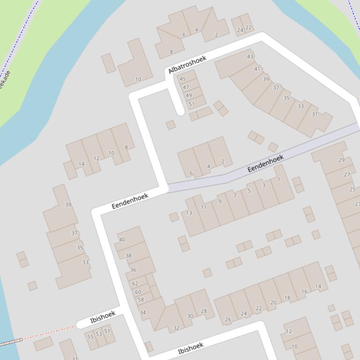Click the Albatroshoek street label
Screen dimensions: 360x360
[187, 65]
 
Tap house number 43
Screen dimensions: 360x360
[250, 57]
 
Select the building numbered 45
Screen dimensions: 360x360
[183, 79]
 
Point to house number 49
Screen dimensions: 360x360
[189, 95]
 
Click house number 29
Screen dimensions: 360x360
[341, 160]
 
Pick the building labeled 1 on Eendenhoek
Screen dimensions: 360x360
[279, 180]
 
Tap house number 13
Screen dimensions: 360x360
[189, 213]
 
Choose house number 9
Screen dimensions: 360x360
[220, 202]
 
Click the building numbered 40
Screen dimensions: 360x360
[122, 239]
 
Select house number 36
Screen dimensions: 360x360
[133, 270]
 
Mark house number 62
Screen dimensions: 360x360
[135, 283]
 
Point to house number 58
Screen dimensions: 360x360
[141, 299]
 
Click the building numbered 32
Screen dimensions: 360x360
[176, 328]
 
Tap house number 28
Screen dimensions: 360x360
[204, 311]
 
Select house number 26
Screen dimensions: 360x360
[228, 320]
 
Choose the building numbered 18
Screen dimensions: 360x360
[287, 297]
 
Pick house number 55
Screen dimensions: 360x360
[90, 337]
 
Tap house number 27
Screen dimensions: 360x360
[347, 174]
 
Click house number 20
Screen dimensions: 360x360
[273, 302]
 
